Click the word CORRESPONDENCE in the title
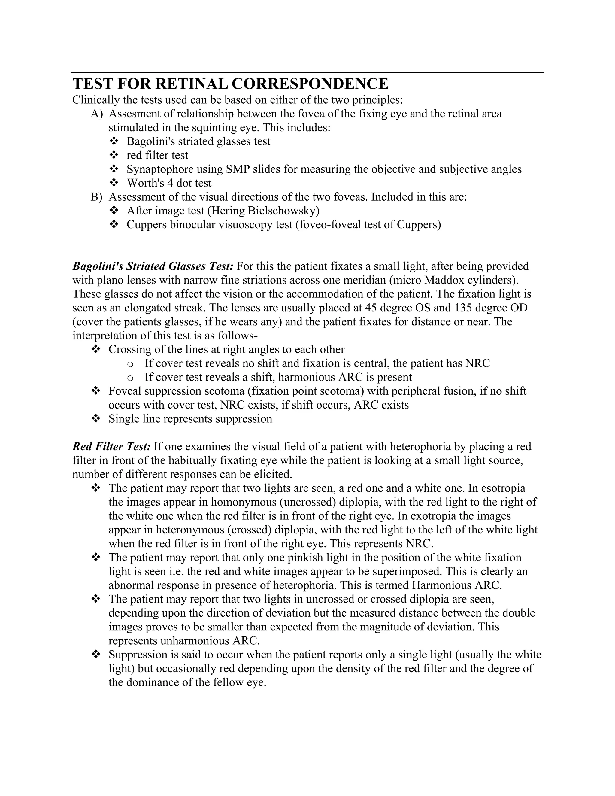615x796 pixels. tap(310, 84)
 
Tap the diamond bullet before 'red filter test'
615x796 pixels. tap(114, 155)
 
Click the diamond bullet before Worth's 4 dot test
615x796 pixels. tap(114, 183)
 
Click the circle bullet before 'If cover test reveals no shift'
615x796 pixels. tap(130, 364)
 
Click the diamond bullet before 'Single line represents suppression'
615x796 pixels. tap(96, 419)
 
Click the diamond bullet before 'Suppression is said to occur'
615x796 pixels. tap(96, 655)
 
